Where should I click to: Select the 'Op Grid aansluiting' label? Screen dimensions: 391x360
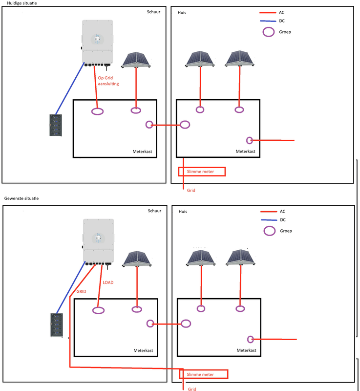pyautogui.click(x=108, y=81)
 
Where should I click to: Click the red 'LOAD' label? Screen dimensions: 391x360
pyautogui.click(x=109, y=282)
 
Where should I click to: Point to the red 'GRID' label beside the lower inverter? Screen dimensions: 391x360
pyautogui.click(x=81, y=291)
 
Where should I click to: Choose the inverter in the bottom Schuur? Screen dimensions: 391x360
pyautogui.click(x=99, y=241)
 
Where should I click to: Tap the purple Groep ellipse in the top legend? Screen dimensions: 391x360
pyautogui.click(x=269, y=32)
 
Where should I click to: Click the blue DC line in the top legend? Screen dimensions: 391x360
pyautogui.click(x=269, y=21)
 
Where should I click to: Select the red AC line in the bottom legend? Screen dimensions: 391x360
pyautogui.click(x=270, y=212)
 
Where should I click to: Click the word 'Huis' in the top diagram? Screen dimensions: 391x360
pyautogui.click(x=183, y=12)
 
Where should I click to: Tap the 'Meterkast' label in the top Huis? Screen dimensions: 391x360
pyautogui.click(x=245, y=152)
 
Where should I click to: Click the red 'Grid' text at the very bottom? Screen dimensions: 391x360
pyautogui.click(x=191, y=389)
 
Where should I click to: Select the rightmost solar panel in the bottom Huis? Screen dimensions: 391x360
pyautogui.click(x=240, y=259)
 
